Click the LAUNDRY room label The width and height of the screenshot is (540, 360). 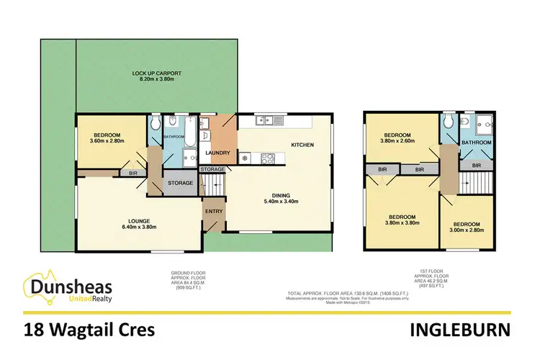pos(217,153)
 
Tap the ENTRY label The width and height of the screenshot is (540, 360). pos(215,211)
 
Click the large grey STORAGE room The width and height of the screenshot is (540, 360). pos(179,183)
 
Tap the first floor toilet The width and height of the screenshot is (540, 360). pos(449,123)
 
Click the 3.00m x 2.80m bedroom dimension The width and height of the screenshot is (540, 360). pos(467,230)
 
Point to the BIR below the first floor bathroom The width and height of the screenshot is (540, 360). pos(477,165)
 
